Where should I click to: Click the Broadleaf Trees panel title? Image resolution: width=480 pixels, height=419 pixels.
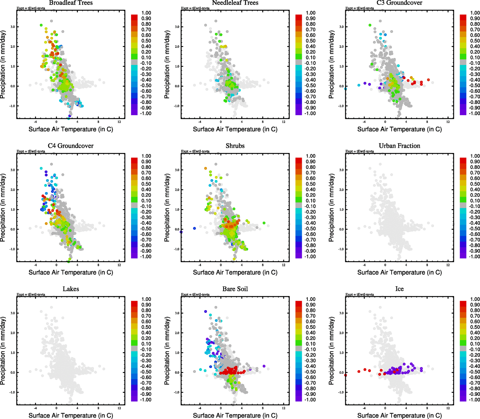point(71,3)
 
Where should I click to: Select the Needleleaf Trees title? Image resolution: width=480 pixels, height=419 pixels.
point(235,3)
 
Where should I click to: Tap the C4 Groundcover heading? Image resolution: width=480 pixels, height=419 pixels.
point(71,146)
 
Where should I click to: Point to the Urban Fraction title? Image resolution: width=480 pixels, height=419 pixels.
point(399,146)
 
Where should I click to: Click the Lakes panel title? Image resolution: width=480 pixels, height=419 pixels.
point(71,289)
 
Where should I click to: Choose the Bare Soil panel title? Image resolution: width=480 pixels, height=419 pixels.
point(235,289)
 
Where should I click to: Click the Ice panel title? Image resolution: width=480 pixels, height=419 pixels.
point(399,289)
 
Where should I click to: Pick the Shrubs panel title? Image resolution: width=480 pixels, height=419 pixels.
point(235,146)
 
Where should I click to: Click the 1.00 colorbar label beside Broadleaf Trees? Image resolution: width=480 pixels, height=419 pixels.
point(146,13)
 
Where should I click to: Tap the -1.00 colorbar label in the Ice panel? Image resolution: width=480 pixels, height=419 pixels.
point(474,400)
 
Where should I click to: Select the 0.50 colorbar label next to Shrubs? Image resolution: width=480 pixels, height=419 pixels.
point(311,184)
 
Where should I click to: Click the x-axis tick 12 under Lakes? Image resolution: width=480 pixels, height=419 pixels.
point(119,408)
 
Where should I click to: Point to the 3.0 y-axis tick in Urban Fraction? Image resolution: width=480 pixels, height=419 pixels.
point(342,170)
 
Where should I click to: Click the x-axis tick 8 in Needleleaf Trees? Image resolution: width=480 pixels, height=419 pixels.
point(263,122)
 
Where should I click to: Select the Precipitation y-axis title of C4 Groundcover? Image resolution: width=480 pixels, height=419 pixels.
point(3,208)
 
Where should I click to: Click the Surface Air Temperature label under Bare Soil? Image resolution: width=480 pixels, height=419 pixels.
point(235,416)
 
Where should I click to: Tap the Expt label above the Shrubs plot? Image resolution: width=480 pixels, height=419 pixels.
point(195,152)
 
